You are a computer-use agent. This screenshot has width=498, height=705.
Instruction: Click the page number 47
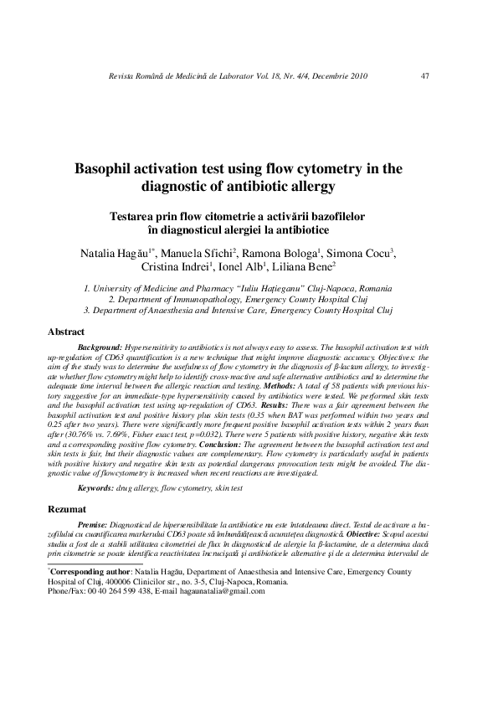click(425, 76)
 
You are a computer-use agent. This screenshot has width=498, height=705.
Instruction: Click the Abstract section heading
click(66, 332)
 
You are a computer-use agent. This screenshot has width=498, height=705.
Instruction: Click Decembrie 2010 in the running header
click(336, 76)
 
